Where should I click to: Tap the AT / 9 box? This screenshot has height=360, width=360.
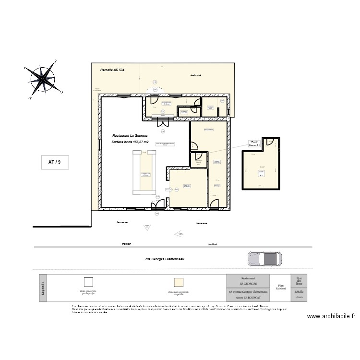tap(55, 162)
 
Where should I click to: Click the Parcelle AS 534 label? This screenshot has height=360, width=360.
tap(112, 70)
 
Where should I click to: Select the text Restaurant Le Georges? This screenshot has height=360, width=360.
tap(130, 136)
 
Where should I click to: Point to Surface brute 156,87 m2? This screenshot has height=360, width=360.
tap(130, 142)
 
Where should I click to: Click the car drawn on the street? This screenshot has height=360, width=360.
tap(264, 259)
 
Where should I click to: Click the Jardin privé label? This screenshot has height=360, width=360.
tap(195, 75)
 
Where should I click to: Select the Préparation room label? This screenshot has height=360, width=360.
tap(208, 130)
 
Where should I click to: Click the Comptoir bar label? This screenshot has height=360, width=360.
tap(145, 174)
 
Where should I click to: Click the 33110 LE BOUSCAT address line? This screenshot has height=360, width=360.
tap(248, 298)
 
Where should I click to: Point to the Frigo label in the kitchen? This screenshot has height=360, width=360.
tap(217, 185)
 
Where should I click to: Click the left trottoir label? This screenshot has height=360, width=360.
tap(126, 244)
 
